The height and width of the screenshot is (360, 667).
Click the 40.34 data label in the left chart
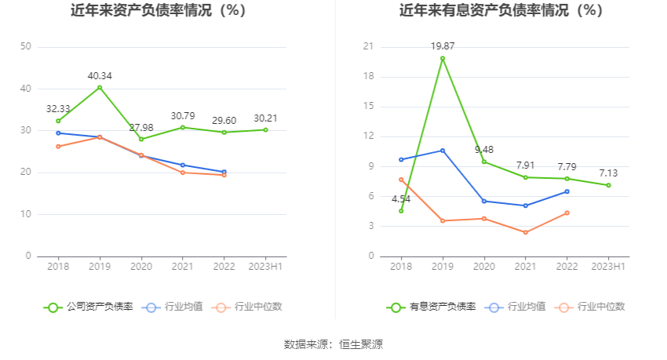[100, 76]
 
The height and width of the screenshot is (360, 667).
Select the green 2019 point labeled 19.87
[443, 58]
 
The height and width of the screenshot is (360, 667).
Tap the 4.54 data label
[401, 198]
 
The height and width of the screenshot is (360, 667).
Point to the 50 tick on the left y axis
[26, 46]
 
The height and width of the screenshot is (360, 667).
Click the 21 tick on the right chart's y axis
[368, 47]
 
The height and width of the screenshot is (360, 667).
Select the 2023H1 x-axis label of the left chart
[265, 267]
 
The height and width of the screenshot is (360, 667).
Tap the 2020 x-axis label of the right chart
[483, 267]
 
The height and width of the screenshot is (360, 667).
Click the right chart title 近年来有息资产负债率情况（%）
[501, 11]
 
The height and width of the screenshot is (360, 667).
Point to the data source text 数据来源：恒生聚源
[333, 344]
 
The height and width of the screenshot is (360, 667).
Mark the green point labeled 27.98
[141, 139]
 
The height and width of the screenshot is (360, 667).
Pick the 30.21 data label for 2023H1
[265, 118]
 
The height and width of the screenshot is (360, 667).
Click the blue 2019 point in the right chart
[443, 151]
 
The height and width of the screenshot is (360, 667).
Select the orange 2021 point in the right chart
[525, 232]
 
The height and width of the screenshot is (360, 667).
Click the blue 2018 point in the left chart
[58, 133]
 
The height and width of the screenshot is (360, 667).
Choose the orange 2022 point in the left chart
[224, 175]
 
